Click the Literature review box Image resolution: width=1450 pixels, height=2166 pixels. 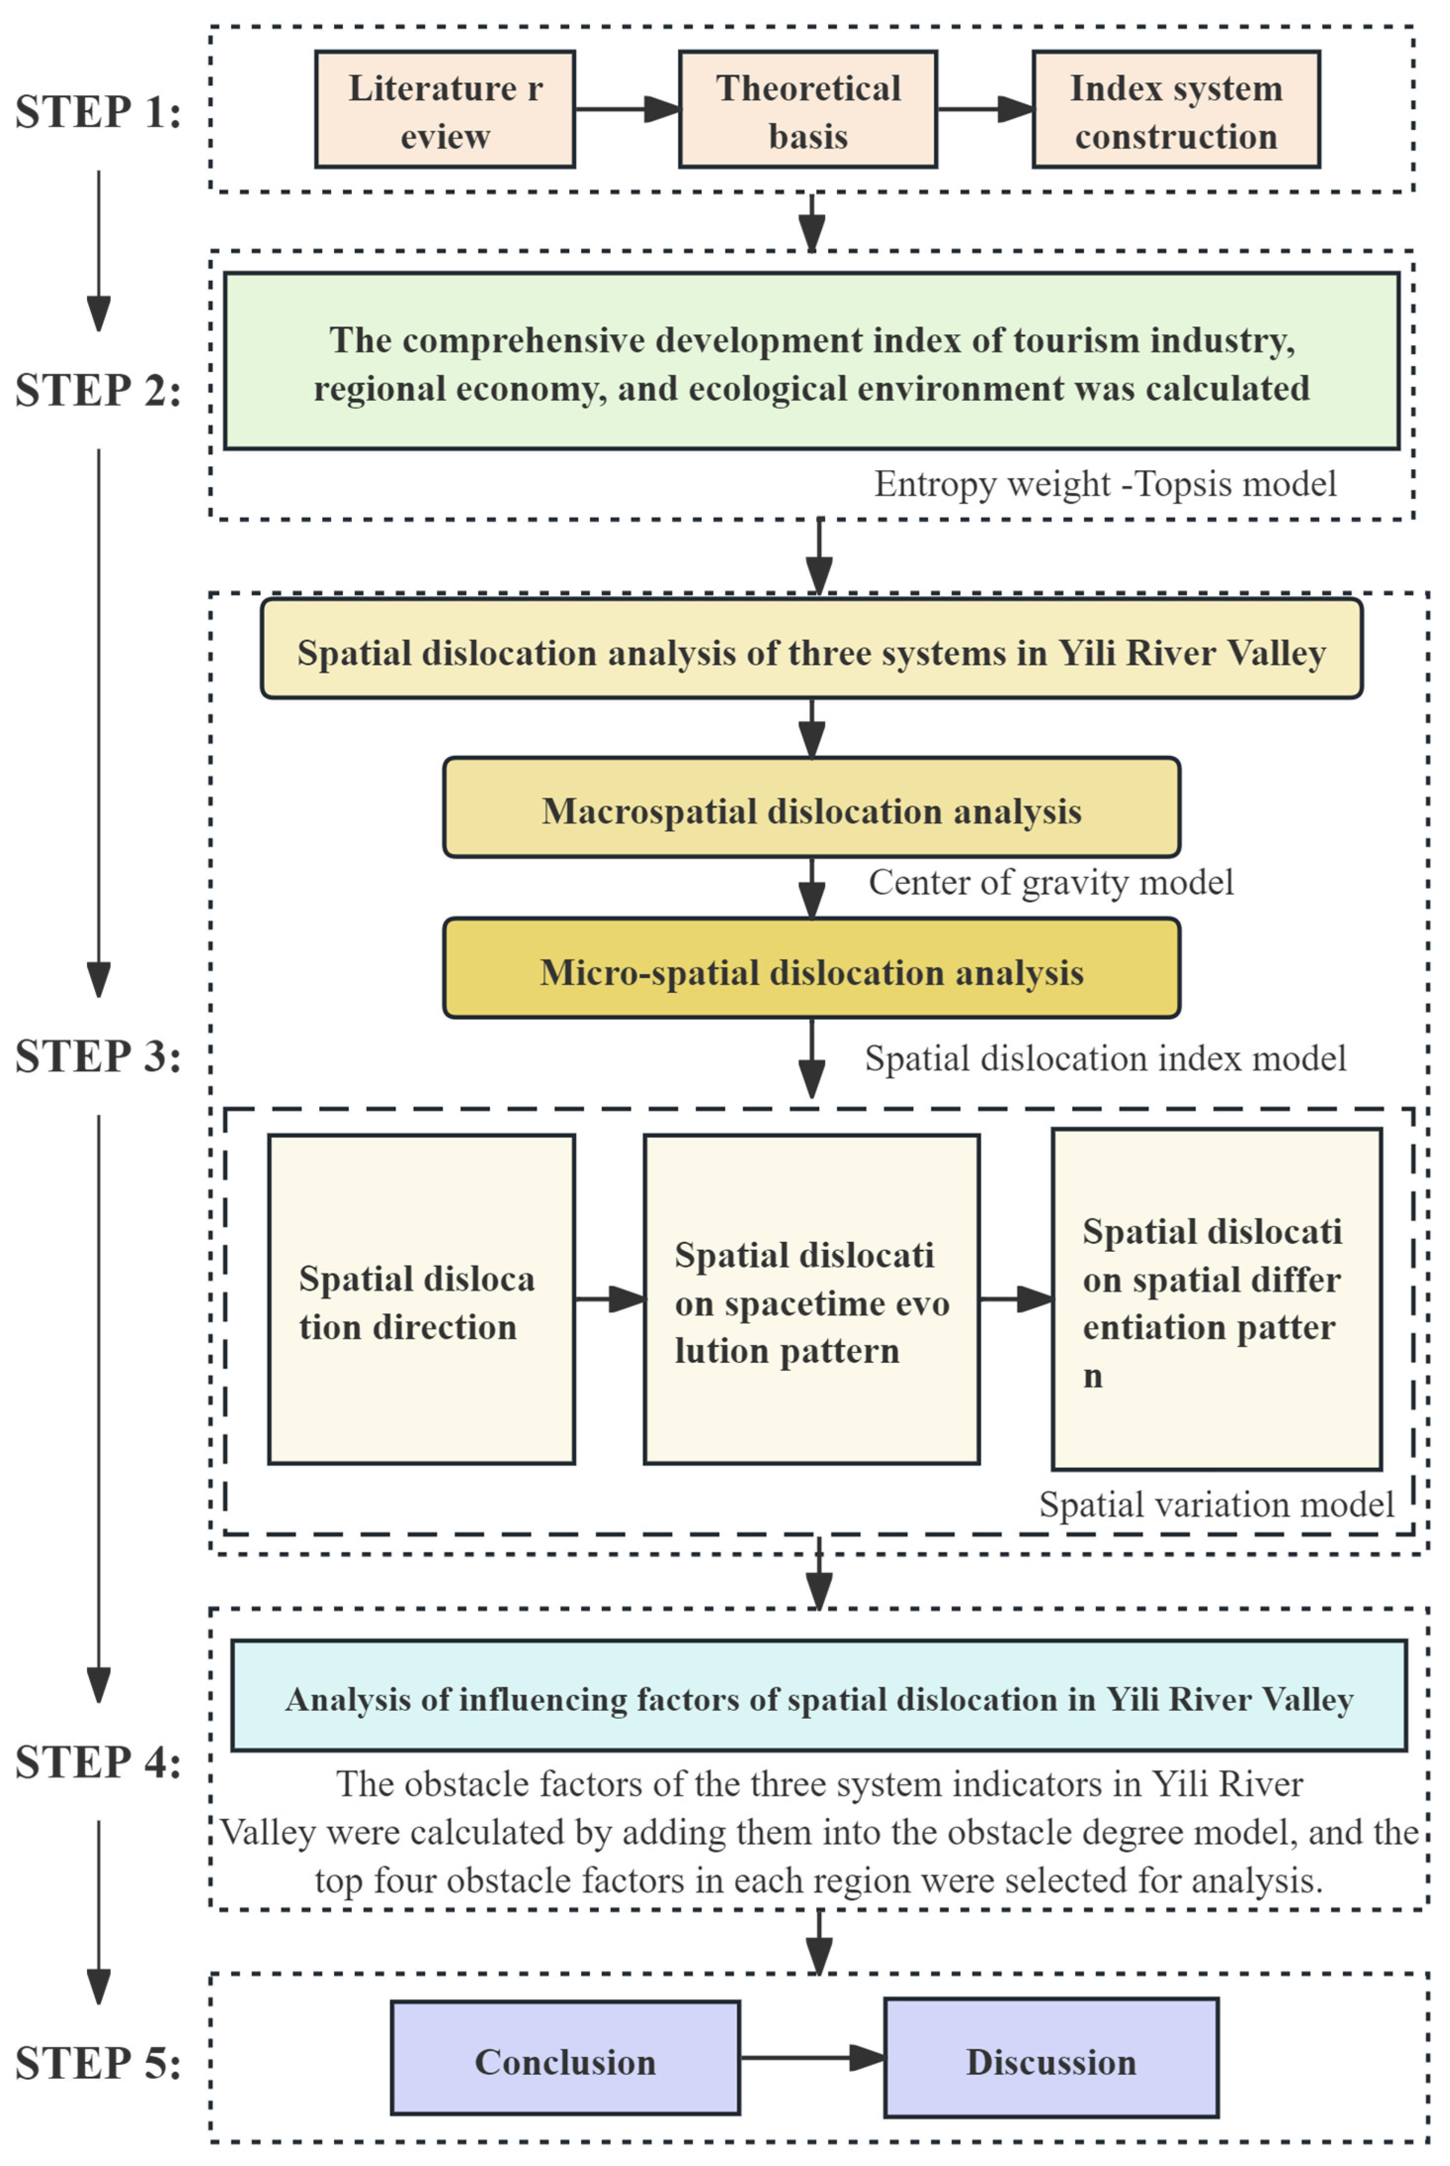[x=445, y=109]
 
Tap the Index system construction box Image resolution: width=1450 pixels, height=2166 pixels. [x=1175, y=109]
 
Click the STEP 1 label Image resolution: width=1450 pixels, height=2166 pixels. [x=98, y=113]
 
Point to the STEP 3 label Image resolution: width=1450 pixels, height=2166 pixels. [x=98, y=1057]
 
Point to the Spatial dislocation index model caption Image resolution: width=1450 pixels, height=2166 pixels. [x=1105, y=1058]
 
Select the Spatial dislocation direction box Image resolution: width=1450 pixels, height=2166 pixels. [x=421, y=1299]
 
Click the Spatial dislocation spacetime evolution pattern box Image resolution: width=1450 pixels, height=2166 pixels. [x=811, y=1299]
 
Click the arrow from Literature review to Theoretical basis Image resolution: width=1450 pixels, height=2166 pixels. [x=627, y=109]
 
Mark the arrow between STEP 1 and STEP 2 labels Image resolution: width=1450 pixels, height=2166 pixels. [x=99, y=249]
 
